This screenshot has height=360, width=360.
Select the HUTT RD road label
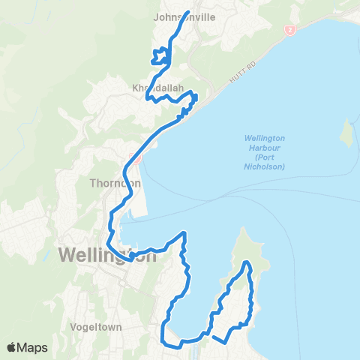click(236, 75)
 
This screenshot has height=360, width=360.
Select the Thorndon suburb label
click(115, 182)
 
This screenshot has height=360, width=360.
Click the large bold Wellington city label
click(107, 254)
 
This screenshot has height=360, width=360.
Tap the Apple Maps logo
click(27, 347)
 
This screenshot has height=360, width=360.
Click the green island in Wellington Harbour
click(346, 133)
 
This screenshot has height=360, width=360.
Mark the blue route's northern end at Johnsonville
click(186, 12)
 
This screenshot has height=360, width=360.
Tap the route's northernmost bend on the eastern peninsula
click(247, 262)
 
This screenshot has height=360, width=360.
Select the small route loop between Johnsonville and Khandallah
click(160, 55)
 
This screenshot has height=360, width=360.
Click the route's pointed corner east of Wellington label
click(184, 235)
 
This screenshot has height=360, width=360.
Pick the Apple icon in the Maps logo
click(12, 347)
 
